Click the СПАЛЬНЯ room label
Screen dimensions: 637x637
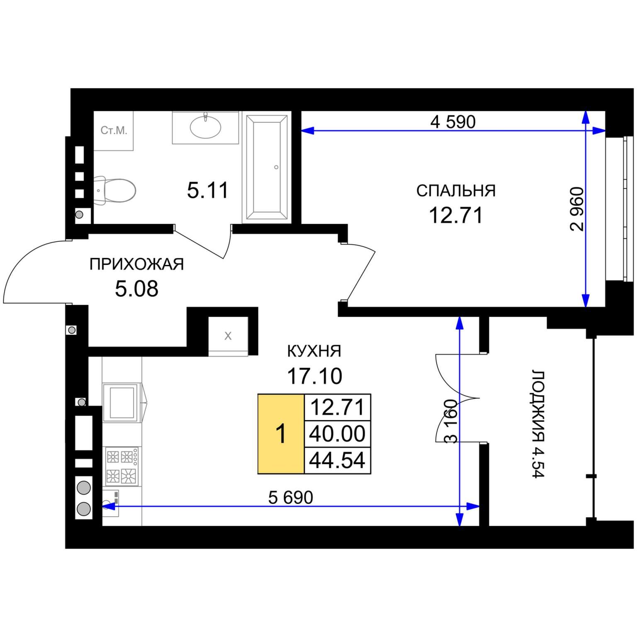click(456, 191)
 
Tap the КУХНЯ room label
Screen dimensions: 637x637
click(314, 351)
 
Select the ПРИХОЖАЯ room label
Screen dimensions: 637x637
click(136, 264)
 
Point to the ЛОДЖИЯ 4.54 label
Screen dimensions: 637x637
click(538, 424)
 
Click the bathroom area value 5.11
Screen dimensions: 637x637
click(207, 190)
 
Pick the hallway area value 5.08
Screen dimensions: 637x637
click(136, 289)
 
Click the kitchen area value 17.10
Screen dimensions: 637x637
click(314, 376)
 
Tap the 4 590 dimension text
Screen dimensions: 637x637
click(452, 122)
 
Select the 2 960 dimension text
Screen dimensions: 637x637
click(577, 209)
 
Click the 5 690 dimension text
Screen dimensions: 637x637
click(291, 497)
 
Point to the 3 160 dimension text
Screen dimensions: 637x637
click(451, 421)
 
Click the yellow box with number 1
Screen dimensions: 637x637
click(281, 434)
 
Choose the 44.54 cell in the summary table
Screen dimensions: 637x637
click(337, 460)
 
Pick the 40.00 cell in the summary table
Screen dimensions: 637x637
click(337, 434)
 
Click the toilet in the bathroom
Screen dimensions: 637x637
click(115, 190)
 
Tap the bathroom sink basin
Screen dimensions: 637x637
click(205, 126)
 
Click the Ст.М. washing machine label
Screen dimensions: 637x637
click(114, 131)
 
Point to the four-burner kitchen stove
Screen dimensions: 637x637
click(122, 466)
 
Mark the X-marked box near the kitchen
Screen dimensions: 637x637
click(228, 336)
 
